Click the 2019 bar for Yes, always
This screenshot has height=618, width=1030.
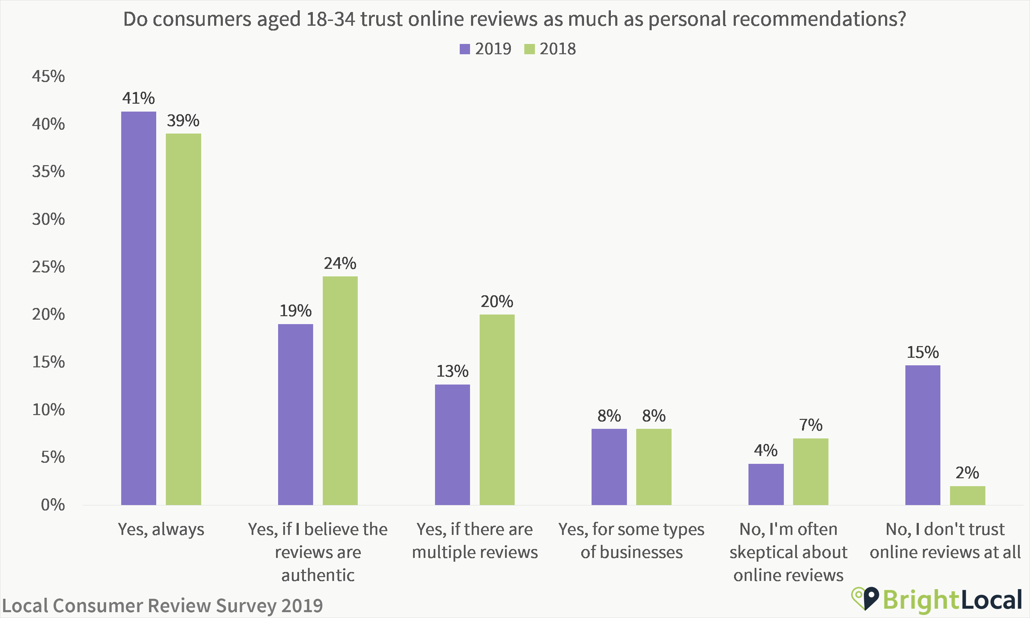tap(139, 308)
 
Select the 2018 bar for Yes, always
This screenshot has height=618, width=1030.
tap(183, 319)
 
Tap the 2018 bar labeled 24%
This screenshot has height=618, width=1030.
tap(340, 391)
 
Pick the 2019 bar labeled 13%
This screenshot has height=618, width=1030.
tap(453, 445)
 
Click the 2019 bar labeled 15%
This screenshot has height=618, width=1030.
tap(923, 435)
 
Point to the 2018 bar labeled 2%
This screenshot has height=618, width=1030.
tap(968, 495)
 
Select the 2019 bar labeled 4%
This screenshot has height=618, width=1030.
tap(766, 484)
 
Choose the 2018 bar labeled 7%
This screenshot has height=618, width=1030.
tap(811, 472)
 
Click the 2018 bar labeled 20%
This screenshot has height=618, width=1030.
tap(497, 410)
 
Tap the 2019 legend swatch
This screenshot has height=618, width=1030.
tap(465, 49)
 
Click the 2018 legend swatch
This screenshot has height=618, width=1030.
tap(529, 49)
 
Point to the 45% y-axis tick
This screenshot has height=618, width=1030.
tap(49, 76)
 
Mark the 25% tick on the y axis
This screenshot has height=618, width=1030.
tap(49, 267)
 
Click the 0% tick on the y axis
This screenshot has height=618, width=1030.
tap(53, 505)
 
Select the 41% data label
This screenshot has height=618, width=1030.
tap(139, 98)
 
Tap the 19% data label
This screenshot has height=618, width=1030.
tap(296, 311)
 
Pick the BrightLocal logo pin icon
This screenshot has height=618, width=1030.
tap(866, 599)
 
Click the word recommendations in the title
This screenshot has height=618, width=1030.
tap(777, 19)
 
